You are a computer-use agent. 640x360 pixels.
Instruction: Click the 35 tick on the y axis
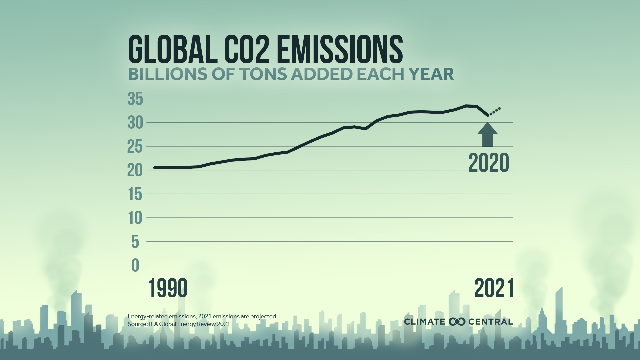tap(135, 99)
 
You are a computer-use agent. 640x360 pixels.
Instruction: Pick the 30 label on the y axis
tap(135, 123)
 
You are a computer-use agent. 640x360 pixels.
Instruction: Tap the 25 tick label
tap(135, 147)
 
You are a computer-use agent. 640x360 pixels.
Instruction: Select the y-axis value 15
tap(135, 194)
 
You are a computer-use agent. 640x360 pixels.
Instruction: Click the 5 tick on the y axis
tap(135, 242)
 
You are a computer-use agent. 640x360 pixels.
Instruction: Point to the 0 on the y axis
tap(135, 266)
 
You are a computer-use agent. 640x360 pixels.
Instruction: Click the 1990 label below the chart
tap(168, 288)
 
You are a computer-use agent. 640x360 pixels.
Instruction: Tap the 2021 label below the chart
tap(494, 288)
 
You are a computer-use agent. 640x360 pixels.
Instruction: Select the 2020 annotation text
tap(489, 163)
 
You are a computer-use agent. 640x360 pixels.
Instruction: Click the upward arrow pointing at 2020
tap(487, 135)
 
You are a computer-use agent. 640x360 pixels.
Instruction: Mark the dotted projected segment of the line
tap(495, 111)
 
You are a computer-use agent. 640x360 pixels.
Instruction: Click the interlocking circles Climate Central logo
tap(457, 322)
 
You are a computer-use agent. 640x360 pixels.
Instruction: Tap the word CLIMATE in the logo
tap(424, 322)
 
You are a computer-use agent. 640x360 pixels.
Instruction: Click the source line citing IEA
tap(179, 324)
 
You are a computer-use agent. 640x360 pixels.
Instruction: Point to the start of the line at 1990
tap(155, 168)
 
